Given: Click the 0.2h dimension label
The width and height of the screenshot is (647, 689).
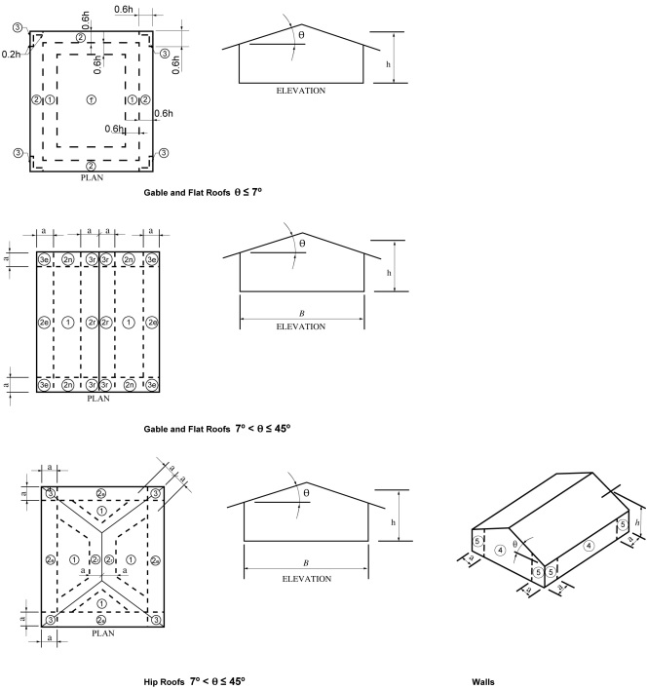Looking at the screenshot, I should pyautogui.click(x=12, y=55).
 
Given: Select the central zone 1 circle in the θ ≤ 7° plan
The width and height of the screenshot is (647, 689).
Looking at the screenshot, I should pyautogui.click(x=91, y=100).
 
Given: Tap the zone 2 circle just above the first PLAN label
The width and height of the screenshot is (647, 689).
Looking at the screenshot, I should pyautogui.click(x=91, y=165).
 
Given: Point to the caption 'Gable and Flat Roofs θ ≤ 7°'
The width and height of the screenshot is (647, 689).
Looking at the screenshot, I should pyautogui.click(x=202, y=193).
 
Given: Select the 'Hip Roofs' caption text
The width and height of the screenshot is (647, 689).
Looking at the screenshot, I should pyautogui.click(x=194, y=680).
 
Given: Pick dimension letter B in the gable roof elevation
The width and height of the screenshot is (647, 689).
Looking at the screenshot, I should pyautogui.click(x=301, y=314).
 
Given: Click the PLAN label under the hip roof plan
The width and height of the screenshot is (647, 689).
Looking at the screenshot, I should pyautogui.click(x=102, y=633).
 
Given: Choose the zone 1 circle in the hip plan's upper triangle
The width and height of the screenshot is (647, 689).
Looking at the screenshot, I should pyautogui.click(x=102, y=511).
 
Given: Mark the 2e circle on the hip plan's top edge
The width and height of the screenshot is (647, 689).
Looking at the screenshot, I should pyautogui.click(x=102, y=493).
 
